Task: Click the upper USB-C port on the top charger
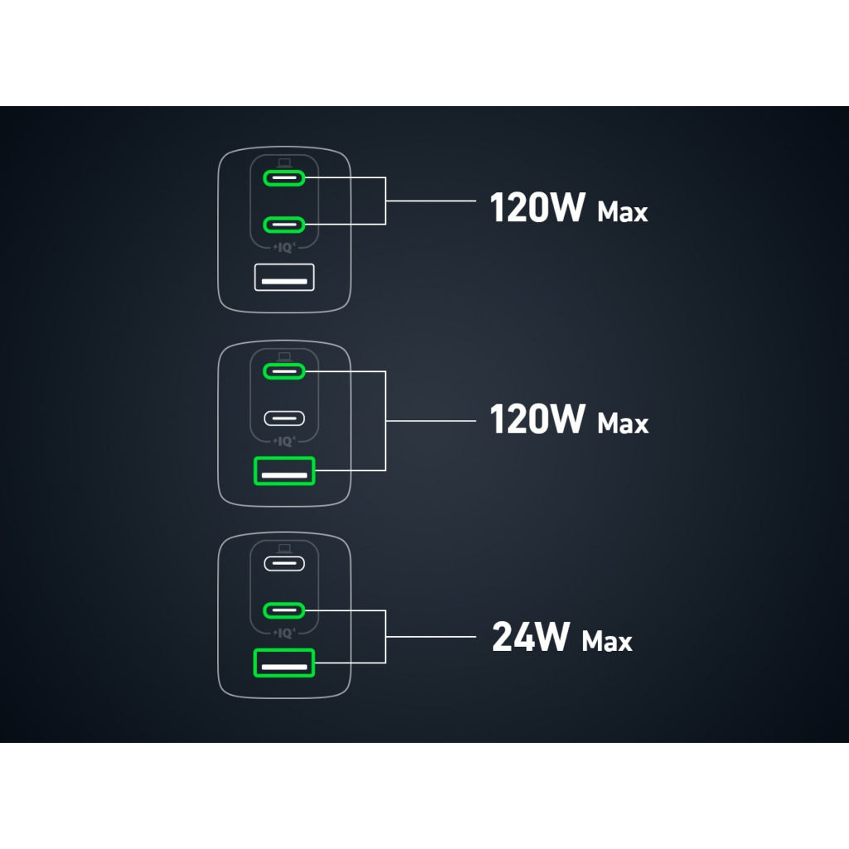pos(284,177)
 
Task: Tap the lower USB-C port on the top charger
pos(284,224)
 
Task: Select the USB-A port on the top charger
pos(284,277)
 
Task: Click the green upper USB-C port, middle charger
pos(284,371)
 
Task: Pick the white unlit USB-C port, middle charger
pos(284,418)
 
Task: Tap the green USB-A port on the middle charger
pos(284,471)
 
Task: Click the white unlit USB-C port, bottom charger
pos(284,564)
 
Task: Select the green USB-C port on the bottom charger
pos(284,611)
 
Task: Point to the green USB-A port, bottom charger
pos(284,663)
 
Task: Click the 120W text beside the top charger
pos(537,209)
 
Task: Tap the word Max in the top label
pos(623,212)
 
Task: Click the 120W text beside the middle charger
pos(537,420)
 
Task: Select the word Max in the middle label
pos(623,424)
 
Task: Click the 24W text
pos(531,638)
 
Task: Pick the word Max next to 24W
pos(607,641)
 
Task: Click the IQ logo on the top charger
pos(284,247)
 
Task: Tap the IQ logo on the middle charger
pos(284,441)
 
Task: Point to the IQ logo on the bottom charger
pos(284,633)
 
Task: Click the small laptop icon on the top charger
pos(284,162)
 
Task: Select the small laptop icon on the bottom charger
pos(284,548)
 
